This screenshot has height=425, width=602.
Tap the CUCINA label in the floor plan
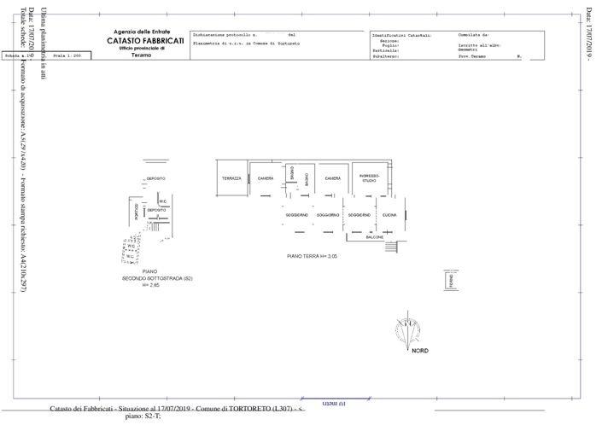[389, 215]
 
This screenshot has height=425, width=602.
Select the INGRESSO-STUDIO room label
[369, 178]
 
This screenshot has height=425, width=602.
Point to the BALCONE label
[374, 237]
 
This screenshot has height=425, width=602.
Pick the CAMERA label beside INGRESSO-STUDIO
[332, 178]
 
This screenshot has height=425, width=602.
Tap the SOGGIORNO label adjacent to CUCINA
[359, 215]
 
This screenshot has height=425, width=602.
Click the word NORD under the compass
[420, 351]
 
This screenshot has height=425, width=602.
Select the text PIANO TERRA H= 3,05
[313, 256]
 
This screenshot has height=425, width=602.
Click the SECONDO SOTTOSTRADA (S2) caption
[158, 279]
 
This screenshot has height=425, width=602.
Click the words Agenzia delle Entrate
[141, 32]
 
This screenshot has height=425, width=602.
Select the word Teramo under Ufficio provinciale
[142, 55]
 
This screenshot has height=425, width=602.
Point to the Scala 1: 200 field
[66, 55]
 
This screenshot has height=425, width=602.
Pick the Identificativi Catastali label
[401, 35]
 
